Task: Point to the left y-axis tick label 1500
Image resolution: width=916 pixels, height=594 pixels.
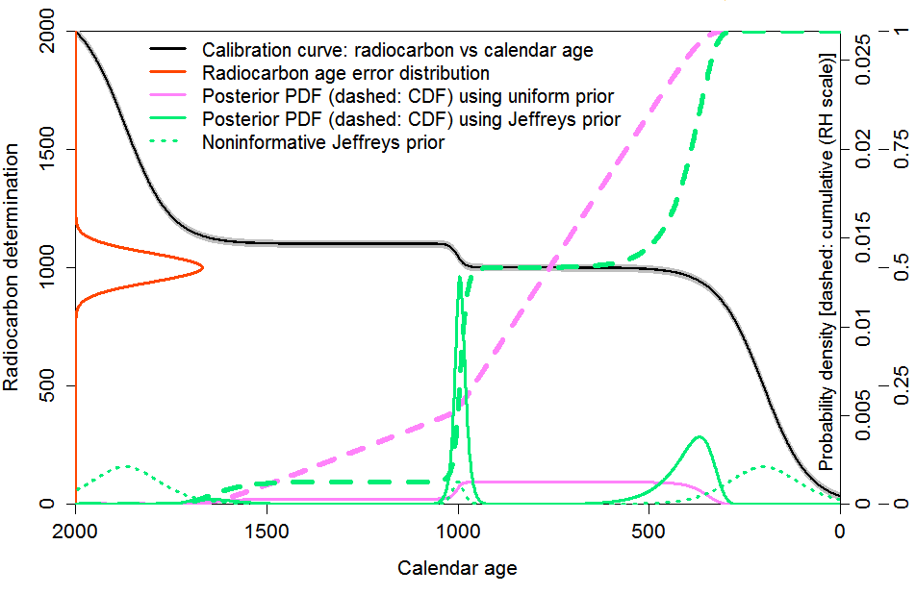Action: pyautogui.click(x=45, y=149)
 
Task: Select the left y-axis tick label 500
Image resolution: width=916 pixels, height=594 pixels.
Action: pyautogui.click(x=45, y=385)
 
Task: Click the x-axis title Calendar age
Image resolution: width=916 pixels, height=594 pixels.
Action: pyautogui.click(x=457, y=568)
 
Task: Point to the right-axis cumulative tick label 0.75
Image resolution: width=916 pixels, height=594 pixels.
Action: pyautogui.click(x=901, y=149)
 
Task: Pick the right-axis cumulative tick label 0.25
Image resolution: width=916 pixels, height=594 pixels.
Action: pyautogui.click(x=901, y=385)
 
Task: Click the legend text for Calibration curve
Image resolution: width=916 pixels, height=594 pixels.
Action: pyautogui.click(x=397, y=49)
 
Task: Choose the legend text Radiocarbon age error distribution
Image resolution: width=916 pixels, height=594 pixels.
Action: pyautogui.click(x=345, y=73)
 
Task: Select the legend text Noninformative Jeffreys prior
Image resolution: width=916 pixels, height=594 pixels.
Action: pyautogui.click(x=322, y=143)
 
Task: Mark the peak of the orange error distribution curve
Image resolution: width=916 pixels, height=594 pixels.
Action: pyautogui.click(x=202, y=267)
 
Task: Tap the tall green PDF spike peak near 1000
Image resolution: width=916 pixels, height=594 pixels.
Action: pyautogui.click(x=461, y=277)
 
